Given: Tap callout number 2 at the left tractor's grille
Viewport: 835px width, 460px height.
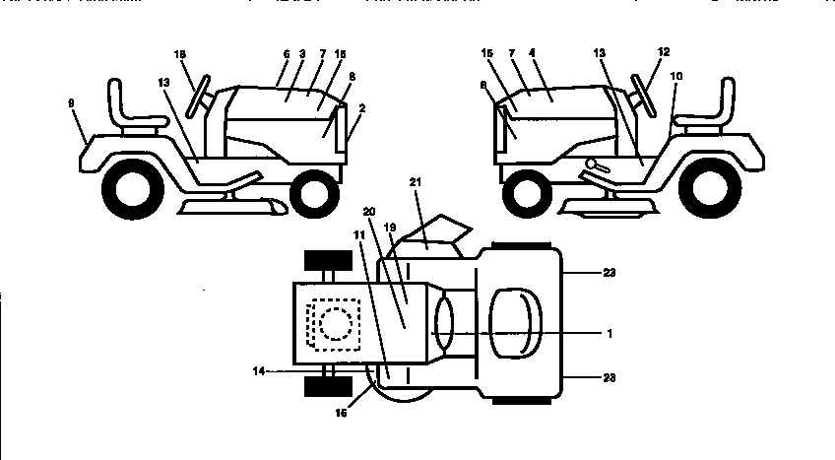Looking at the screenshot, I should point(361,108).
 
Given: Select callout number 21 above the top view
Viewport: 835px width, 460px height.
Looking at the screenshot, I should point(416,182).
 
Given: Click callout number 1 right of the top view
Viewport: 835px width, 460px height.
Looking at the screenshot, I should point(609,334).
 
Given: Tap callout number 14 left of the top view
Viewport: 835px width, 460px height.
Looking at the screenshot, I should point(257,372).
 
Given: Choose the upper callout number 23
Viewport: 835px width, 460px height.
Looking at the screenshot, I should point(610,271).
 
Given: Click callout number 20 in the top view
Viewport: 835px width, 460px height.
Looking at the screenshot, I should point(368,211).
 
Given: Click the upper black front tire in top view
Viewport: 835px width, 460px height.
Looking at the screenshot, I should point(329,261).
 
